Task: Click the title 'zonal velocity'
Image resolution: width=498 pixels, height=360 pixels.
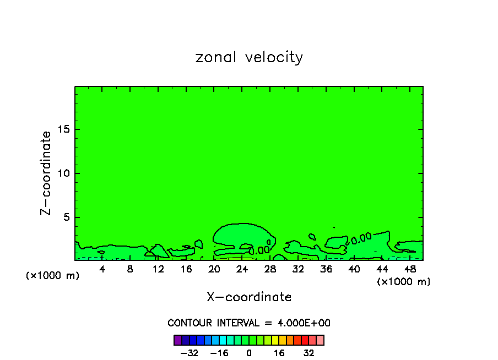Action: (x=249, y=57)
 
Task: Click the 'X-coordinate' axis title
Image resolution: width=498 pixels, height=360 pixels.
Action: (x=249, y=297)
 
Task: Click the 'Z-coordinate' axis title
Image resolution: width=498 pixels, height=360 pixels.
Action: (x=47, y=173)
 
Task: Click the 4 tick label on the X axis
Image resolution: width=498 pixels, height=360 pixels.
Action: (x=102, y=269)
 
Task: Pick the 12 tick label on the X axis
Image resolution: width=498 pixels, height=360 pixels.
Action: (x=158, y=269)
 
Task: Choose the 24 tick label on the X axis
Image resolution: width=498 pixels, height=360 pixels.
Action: (x=242, y=269)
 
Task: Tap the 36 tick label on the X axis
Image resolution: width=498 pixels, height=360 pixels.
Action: (x=326, y=269)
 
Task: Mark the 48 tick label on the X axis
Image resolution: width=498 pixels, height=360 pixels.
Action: (x=409, y=269)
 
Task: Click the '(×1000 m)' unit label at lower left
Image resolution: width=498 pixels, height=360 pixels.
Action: (x=53, y=276)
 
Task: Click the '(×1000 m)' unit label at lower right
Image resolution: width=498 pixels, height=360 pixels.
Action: (x=404, y=282)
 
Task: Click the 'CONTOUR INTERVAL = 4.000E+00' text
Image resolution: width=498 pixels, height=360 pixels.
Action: (x=249, y=323)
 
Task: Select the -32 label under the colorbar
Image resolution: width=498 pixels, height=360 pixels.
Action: (x=190, y=353)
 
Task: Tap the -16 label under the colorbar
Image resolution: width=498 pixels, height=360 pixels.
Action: (x=219, y=353)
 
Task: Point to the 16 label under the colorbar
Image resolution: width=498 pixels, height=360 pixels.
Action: (x=279, y=353)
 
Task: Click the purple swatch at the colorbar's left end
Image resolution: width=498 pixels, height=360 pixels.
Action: (x=178, y=340)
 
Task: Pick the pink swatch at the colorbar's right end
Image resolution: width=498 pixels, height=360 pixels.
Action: (x=320, y=340)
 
